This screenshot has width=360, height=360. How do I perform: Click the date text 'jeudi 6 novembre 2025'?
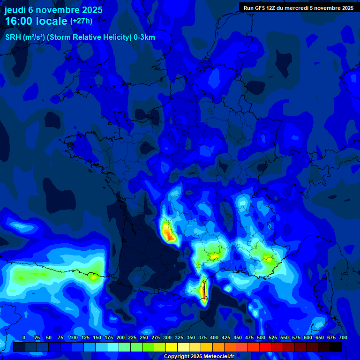pyautogui.click(x=53, y=10)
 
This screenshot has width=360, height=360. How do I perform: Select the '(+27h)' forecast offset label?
pyautogui.click(x=81, y=21)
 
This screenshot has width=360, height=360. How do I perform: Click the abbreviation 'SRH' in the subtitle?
pyautogui.click(x=13, y=37)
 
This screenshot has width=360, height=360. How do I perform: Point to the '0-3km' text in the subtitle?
pyautogui.click(x=144, y=37)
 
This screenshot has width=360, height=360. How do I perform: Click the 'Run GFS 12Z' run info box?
pyautogui.click(x=298, y=7)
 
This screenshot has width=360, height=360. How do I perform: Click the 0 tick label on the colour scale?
pyautogui.click(x=24, y=337)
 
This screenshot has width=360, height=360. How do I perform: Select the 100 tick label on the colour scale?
pyautogui.click(x=74, y=337)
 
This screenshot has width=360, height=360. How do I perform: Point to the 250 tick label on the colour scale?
pyautogui.click(x=144, y=337)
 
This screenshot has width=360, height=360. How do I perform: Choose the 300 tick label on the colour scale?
pyautogui.click(x=167, y=337)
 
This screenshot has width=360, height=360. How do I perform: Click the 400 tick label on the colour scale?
pyautogui.click(x=214, y=337)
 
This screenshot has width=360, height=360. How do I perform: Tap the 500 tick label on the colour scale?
pyautogui.click(x=261, y=337)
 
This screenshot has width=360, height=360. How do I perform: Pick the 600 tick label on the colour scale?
pyautogui.click(x=308, y=337)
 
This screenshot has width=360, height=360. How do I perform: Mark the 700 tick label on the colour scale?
pyautogui.click(x=343, y=337)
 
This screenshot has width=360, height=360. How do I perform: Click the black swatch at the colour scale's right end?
pyautogui.click(x=336, y=347)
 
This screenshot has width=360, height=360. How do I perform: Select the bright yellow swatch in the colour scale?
pyautogui.click(x=172, y=347)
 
